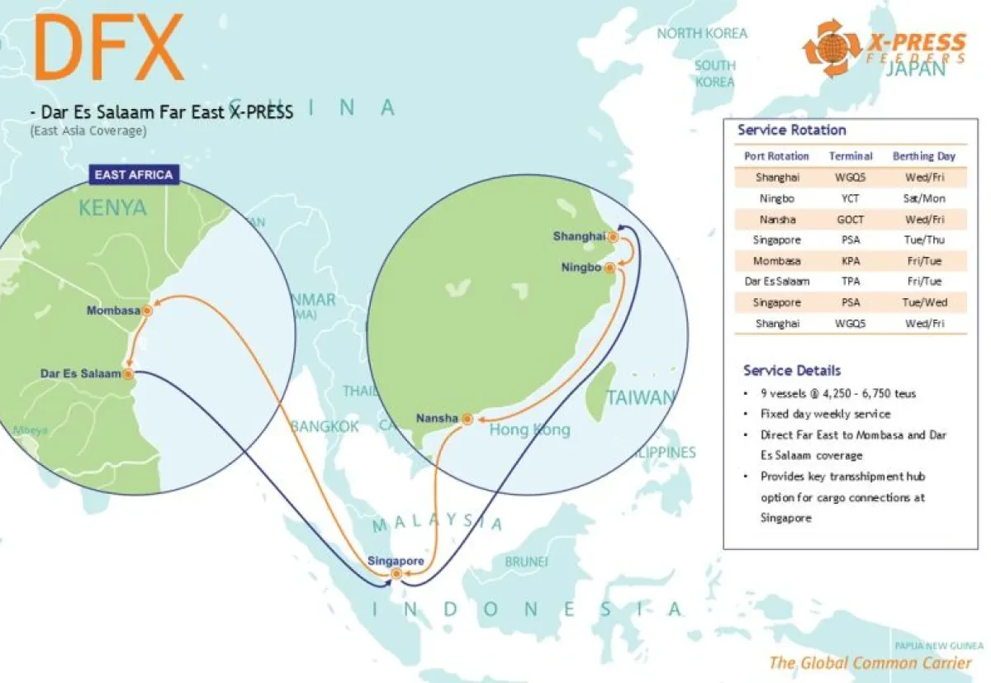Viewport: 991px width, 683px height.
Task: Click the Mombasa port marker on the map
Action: point(147,311)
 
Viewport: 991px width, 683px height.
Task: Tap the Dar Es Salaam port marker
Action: point(128,373)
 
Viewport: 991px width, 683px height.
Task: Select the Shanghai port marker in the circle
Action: point(612,237)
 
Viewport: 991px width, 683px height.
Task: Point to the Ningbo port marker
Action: point(609,268)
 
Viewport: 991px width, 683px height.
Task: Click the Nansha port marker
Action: point(467,420)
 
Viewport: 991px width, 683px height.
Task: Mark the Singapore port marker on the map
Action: point(396,573)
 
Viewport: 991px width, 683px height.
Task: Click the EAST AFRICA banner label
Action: point(134,174)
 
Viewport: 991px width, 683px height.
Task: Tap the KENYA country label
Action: point(112,207)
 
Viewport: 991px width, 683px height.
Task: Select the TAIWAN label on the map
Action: point(640,397)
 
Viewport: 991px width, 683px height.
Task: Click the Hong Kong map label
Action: point(529,430)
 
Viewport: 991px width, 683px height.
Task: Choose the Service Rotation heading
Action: point(791,130)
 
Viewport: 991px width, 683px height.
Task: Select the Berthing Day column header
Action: point(923,156)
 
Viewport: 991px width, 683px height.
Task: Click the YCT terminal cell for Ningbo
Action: point(851,198)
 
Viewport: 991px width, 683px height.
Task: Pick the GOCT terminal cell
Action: point(851,219)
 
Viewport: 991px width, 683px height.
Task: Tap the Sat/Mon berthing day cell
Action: point(923,198)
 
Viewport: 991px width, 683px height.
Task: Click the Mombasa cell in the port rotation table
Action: point(777,261)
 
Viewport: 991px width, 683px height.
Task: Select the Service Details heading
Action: point(791,370)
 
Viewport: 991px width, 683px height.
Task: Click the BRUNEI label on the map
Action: point(526,562)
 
